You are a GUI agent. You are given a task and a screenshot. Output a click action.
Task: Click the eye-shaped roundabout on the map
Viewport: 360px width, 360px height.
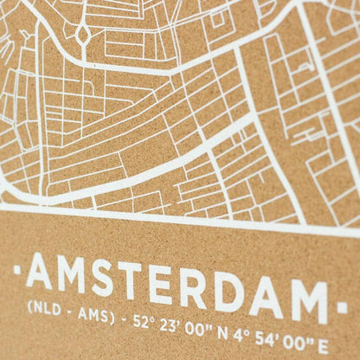[83, 35]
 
